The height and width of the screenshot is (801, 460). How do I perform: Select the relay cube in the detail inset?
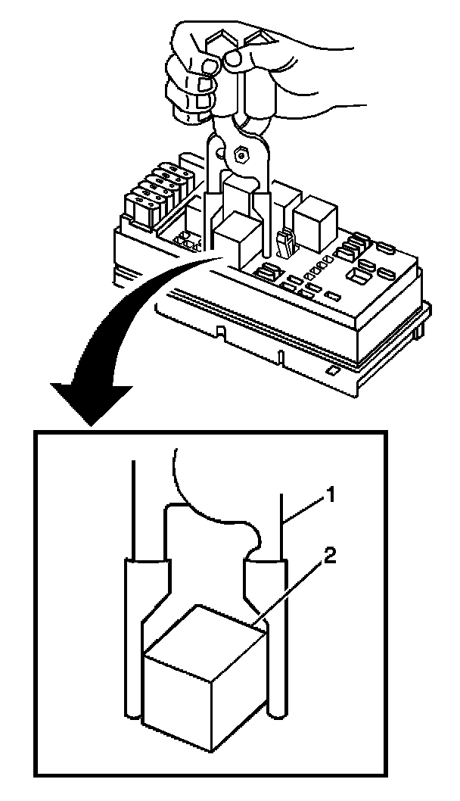(x=204, y=674)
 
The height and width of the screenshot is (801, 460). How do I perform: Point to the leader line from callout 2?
(x=291, y=591)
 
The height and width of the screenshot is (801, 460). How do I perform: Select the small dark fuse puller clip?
(x=287, y=243)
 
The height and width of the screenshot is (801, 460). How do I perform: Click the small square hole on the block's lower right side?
(x=332, y=370)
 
